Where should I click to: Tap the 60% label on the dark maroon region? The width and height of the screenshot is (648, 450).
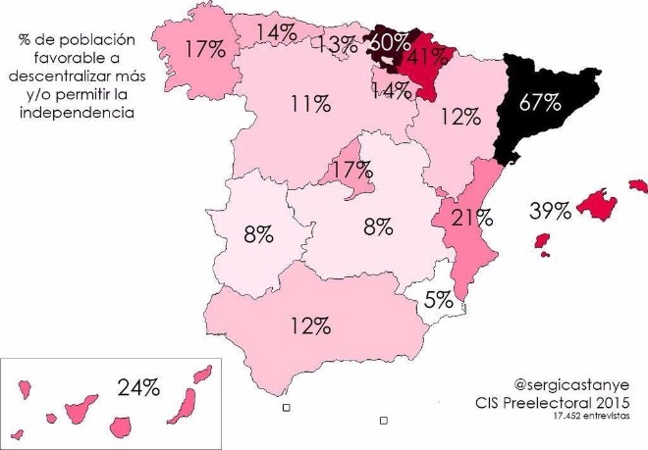[390, 44]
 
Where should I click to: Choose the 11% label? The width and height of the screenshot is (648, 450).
[310, 104]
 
